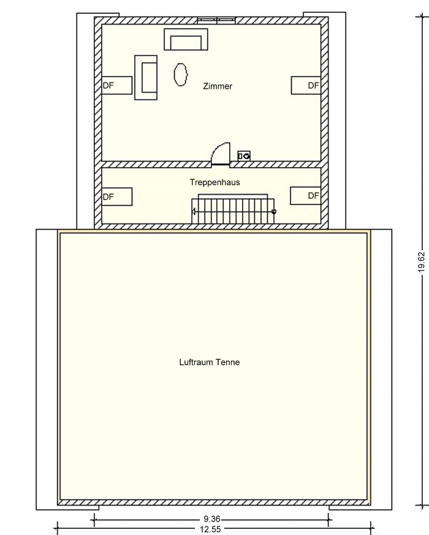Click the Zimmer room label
(218, 86)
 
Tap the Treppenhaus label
(215, 182)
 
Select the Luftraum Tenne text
(210, 362)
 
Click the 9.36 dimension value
(212, 519)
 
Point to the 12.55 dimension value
(210, 529)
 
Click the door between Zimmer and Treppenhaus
(221, 154)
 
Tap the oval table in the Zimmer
(181, 75)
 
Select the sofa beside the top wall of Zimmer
(186, 40)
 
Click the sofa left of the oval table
(146, 78)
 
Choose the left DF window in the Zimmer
(117, 85)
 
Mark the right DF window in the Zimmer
(306, 85)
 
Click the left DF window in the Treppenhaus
(117, 196)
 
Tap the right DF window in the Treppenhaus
(305, 195)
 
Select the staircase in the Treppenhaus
(233, 209)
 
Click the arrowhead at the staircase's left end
(193, 212)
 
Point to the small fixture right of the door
(244, 156)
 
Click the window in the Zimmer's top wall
(216, 21)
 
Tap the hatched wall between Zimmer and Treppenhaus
(211, 165)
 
